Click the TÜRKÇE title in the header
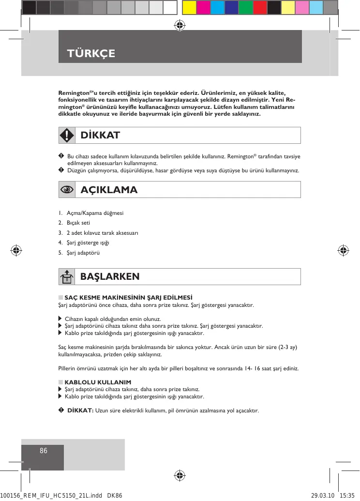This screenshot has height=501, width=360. point(92,53)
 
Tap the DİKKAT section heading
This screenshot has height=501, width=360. point(100,135)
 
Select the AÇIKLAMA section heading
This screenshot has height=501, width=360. point(109,190)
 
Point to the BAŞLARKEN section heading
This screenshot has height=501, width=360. point(110,276)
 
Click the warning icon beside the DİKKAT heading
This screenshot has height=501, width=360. point(67,135)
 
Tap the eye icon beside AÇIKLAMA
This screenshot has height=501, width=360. point(67,190)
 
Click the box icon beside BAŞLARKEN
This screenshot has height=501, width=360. point(67,277)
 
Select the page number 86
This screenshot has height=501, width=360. point(44,451)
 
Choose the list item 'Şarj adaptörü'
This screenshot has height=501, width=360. point(83,253)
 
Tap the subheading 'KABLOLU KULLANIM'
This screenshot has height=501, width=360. point(94,382)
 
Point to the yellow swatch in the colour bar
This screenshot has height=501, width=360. point(189,7)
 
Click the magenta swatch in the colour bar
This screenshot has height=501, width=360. point(203,7)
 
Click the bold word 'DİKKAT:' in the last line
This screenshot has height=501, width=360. point(80,411)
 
